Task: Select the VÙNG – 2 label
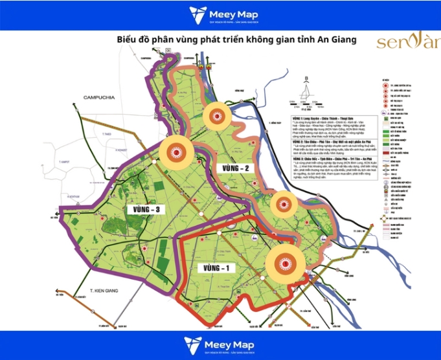(236, 168)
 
